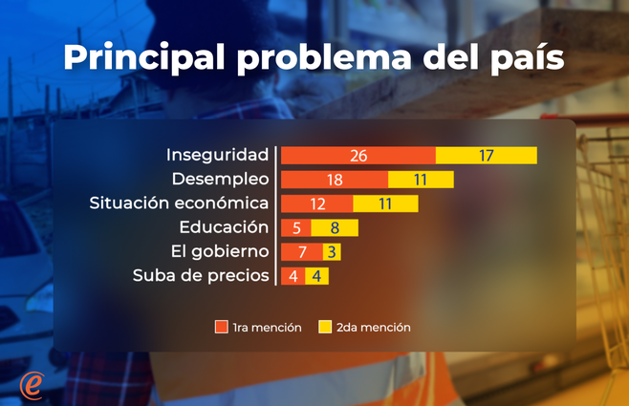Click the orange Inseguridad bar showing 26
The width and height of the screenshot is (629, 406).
[x=358, y=155]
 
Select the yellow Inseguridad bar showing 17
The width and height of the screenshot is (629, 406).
[x=486, y=155]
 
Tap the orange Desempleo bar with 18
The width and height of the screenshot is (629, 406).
[x=334, y=180]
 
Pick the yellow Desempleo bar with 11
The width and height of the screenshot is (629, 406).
[x=421, y=180]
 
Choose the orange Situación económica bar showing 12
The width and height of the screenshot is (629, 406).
[x=316, y=203]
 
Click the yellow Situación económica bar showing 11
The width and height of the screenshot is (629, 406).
[x=385, y=203]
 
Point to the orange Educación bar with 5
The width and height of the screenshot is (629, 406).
[x=295, y=227]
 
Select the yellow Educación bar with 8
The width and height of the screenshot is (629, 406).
[x=334, y=227]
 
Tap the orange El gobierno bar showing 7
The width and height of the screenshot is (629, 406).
[x=301, y=252]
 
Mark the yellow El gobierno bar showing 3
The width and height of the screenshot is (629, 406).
[x=331, y=252]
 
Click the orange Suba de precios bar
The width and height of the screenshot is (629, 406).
[x=293, y=276]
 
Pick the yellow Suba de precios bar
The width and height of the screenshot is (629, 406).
[x=317, y=276]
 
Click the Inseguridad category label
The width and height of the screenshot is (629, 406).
[x=217, y=155]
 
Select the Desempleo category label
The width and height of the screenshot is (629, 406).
[x=220, y=180]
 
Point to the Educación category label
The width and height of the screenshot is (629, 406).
[x=224, y=227]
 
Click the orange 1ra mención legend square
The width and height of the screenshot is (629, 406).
[x=222, y=328]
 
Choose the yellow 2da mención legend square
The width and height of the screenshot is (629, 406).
[x=325, y=328]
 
